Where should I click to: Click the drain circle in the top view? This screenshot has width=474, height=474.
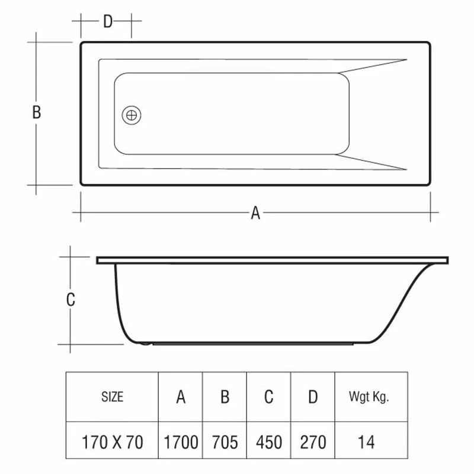pos(132,114)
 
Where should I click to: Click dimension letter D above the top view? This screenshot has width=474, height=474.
pos(107,22)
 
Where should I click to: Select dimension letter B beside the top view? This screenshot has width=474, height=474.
pos(37,113)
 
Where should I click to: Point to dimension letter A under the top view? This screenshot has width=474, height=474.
pos(255,213)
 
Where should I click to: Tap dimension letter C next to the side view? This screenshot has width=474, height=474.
pos(71,300)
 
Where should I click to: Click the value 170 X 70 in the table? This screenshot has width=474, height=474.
pos(112,442)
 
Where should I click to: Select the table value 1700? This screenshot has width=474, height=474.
pos(181,442)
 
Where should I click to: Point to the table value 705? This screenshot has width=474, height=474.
pos(225,442)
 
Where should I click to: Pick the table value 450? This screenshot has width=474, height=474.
pos(268,442)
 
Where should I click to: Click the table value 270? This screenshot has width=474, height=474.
pos(312,442)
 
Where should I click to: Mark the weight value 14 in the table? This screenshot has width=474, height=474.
pos(367,442)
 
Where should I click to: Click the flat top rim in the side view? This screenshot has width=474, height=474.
pos(273,260)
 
